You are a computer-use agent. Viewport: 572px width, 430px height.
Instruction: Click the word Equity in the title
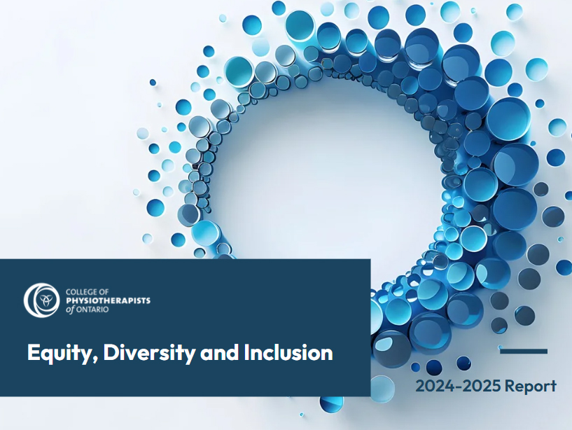[60, 353]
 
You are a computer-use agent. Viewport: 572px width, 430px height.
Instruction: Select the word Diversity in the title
[148, 353]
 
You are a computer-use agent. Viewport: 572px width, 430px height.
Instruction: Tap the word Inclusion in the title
[288, 352]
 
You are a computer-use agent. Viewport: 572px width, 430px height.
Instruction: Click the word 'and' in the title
[219, 352]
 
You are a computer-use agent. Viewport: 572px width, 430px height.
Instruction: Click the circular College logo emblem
[41, 300]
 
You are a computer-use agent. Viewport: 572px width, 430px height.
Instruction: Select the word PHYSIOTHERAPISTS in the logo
[108, 300]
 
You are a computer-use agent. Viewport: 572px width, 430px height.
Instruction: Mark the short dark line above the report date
[524, 351]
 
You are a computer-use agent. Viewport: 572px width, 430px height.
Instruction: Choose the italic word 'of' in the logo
[70, 310]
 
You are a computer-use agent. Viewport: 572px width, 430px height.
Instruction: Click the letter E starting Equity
[33, 352]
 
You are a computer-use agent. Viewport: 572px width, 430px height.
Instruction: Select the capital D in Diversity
[111, 352]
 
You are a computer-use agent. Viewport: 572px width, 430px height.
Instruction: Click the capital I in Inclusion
[246, 352]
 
